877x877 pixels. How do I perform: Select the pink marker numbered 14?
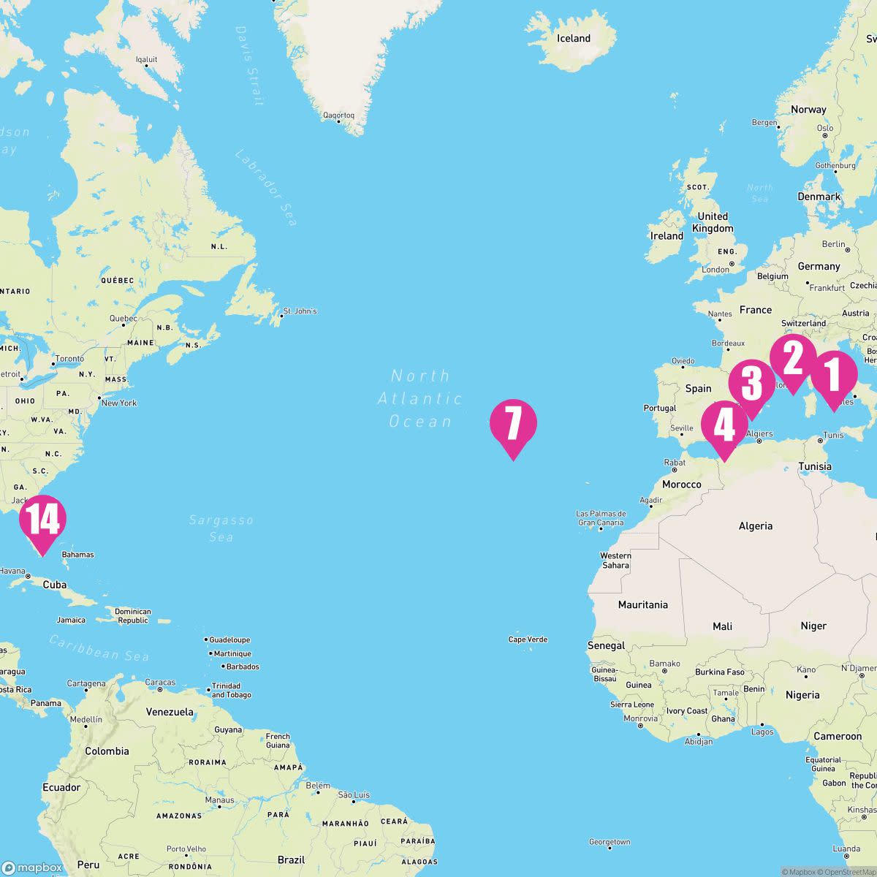click(42, 520)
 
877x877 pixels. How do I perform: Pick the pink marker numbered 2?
click(793, 359)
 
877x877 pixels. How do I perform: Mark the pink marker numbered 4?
click(724, 426)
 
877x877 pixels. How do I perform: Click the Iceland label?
click(573, 39)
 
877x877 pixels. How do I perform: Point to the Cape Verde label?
click(528, 639)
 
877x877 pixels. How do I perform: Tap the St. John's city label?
click(300, 311)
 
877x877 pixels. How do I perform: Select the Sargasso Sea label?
click(221, 528)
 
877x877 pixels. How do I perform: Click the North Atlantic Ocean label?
click(420, 398)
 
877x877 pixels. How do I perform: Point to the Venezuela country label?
click(170, 712)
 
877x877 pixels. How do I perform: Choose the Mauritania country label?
click(642, 605)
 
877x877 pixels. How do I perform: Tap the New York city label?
click(119, 403)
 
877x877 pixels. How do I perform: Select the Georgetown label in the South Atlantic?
click(609, 842)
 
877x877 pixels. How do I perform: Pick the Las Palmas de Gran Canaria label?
click(601, 518)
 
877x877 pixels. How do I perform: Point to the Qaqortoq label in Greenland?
click(338, 115)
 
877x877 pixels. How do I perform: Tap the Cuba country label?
click(55, 585)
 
